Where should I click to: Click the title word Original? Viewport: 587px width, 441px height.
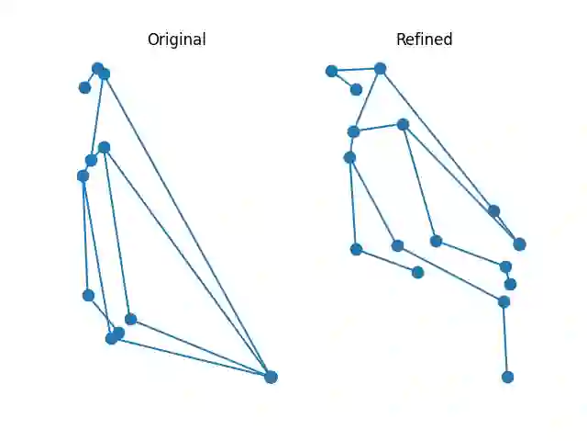click(x=176, y=40)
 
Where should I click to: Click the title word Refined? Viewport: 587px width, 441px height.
click(x=424, y=40)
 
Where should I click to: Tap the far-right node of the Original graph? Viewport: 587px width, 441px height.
click(x=271, y=377)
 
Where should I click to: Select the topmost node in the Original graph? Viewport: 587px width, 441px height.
click(x=97, y=68)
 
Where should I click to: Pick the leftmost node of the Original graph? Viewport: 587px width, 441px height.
click(x=83, y=175)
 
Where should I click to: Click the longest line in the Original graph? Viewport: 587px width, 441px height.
click(x=187, y=225)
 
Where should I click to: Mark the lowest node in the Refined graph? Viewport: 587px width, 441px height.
click(x=507, y=377)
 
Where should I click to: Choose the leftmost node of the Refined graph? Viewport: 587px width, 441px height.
click(x=331, y=71)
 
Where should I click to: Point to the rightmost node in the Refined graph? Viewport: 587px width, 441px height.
click(x=519, y=243)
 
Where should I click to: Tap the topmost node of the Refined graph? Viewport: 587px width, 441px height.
click(x=380, y=68)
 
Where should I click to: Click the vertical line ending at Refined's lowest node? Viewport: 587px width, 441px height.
click(x=505, y=339)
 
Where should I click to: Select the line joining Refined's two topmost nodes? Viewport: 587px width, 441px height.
click(x=356, y=70)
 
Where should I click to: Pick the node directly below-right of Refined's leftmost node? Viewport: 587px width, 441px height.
click(x=356, y=89)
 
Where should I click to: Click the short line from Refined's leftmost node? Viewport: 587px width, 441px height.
click(x=344, y=80)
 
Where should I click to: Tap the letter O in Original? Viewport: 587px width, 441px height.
click(x=153, y=40)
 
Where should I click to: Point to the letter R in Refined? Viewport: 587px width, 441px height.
click(x=401, y=40)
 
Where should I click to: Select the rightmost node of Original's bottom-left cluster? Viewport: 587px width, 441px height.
click(x=130, y=319)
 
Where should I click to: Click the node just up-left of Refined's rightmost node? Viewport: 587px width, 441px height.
click(x=493, y=210)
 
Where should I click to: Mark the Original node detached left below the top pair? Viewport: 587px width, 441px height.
click(x=84, y=87)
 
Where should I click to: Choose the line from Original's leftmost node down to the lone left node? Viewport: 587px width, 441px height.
click(x=85, y=235)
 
